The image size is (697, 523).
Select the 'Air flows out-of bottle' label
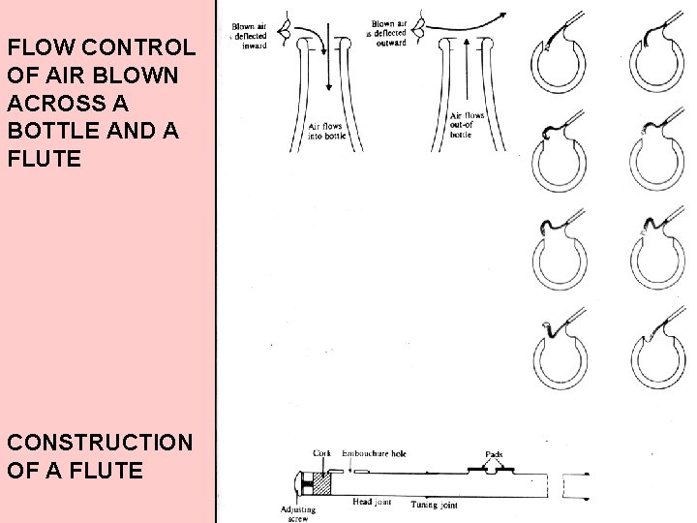coord(466,124)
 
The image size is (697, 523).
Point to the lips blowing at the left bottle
coord(284,32)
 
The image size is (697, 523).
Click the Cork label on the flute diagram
coord(322,453)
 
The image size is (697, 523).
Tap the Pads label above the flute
coord(494,454)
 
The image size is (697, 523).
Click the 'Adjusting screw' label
coord(294,512)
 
